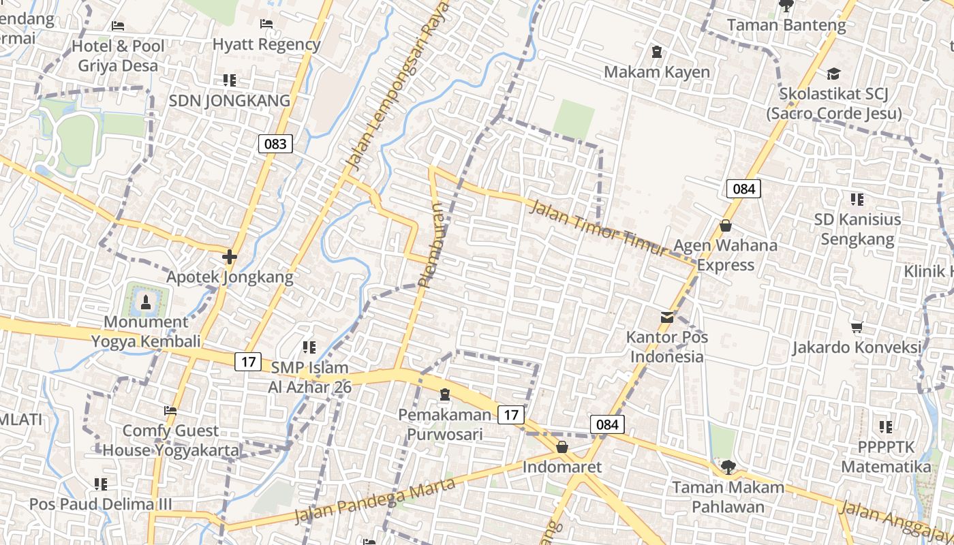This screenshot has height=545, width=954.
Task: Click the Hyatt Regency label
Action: click(266, 44)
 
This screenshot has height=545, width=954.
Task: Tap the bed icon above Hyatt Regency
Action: click(266, 24)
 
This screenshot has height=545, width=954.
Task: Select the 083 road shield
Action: click(275, 144)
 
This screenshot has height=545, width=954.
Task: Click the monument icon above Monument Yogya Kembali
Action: click(145, 300)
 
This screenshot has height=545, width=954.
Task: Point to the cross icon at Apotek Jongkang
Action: click(230, 257)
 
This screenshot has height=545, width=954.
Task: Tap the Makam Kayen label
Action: click(657, 72)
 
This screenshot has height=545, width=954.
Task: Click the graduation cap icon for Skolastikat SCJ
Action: click(833, 74)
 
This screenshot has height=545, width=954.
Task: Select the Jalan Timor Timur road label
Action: click(598, 228)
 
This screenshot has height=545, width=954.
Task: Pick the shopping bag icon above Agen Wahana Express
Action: click(726, 225)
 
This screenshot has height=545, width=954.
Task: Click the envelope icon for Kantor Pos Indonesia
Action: click(667, 317)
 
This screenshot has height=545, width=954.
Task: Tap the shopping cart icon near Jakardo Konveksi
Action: click(857, 328)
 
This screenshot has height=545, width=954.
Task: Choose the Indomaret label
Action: click(562, 467)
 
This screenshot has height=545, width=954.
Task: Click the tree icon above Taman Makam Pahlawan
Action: click(728, 467)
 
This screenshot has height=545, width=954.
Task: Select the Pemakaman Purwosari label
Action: click(445, 424)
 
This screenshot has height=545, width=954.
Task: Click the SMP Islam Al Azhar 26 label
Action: click(310, 377)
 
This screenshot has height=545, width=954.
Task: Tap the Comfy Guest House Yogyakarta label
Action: click(171, 440)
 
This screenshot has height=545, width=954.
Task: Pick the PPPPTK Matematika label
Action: click(886, 457)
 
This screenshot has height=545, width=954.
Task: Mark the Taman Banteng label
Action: click(786, 25)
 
